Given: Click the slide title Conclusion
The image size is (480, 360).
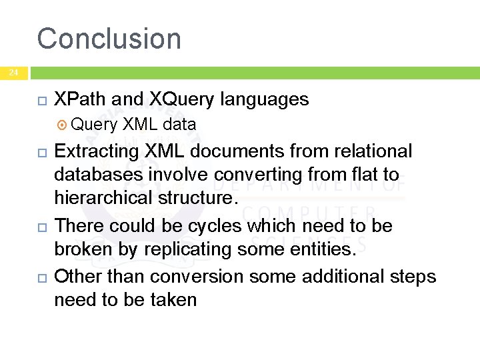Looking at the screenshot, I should pos(109,39).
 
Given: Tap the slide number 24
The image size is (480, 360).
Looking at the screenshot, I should pos(14,73).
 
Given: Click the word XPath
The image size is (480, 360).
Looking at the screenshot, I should pos(80,100).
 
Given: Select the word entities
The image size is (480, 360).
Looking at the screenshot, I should pos(323,249).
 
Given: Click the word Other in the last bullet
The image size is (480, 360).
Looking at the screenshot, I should pos(78,276).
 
